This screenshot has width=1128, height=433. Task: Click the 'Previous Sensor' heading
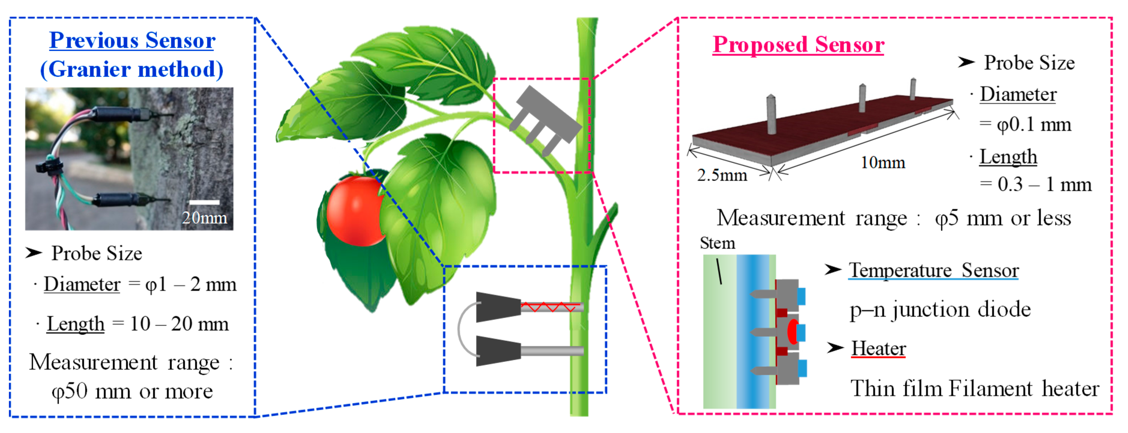point(132,41)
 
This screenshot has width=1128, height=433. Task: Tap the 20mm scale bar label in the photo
point(204,218)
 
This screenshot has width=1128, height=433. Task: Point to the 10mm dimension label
point(882,162)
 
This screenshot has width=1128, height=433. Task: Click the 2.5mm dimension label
point(722,175)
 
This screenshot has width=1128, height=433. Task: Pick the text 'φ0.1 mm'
point(1033,125)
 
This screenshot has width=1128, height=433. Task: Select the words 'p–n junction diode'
point(940,310)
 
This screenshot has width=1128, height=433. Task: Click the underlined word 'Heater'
point(878,348)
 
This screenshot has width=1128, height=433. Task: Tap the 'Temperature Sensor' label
point(933,270)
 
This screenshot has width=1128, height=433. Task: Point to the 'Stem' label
point(717,243)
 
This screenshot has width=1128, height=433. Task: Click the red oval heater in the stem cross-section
point(792,332)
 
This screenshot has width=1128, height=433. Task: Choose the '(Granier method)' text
point(132,69)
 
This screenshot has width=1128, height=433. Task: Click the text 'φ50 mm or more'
point(132,391)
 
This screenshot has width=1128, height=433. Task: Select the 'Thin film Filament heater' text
point(974,388)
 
